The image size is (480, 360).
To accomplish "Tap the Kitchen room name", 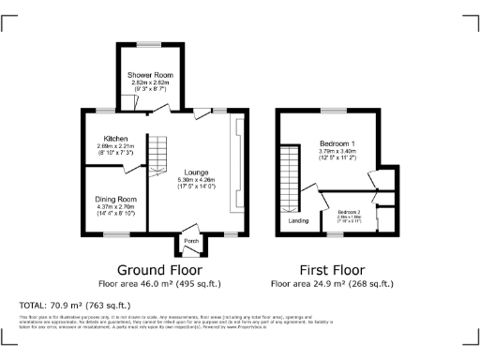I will [x=115, y=139].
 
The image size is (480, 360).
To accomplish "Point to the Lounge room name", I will [x=196, y=172].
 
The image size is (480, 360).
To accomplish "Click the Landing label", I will [x=298, y=221].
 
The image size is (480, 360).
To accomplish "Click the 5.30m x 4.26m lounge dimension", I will [x=196, y=179].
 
